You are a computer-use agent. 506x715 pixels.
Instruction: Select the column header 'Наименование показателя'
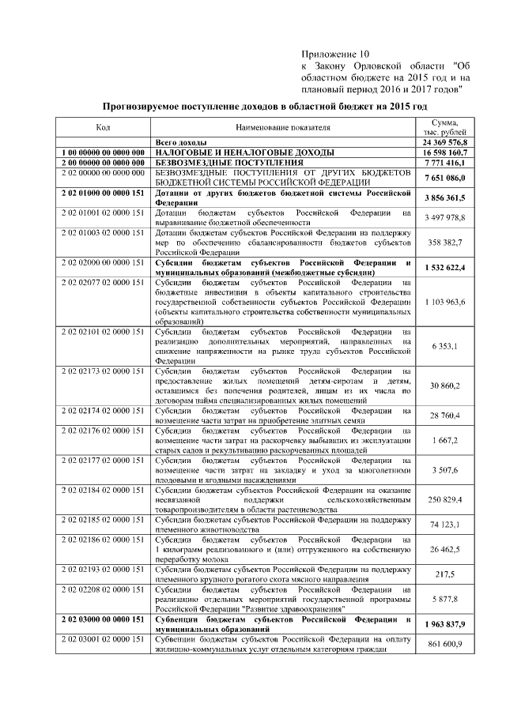pos(282,127)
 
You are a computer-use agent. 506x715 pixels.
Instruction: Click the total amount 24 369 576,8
pos(444,142)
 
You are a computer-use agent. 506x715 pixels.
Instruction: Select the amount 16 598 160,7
pos(444,152)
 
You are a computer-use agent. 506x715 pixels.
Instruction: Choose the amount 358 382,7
pos(444,243)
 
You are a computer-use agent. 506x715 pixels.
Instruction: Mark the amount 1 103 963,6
pos(444,302)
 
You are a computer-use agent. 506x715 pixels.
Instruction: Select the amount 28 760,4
pos(444,416)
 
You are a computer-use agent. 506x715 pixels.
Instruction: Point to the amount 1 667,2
pos(444,440)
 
